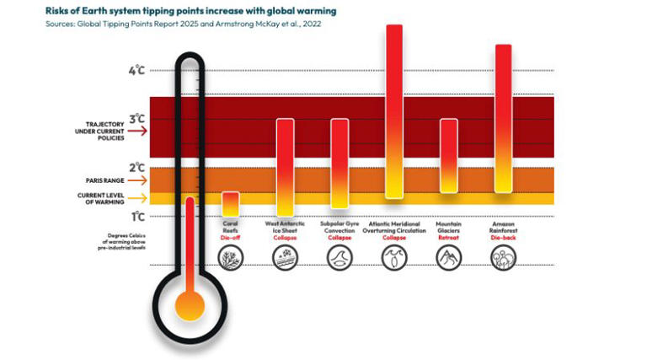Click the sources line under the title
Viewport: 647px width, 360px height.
[x=168, y=24]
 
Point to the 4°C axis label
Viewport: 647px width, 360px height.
[x=136, y=71]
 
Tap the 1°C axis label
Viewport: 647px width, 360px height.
[x=136, y=217]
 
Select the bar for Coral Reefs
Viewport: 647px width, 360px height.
[x=230, y=204]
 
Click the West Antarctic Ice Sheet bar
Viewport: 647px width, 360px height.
[x=285, y=167]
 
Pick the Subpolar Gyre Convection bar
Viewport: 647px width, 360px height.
[x=339, y=163]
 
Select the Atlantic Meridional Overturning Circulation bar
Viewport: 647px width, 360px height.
[x=393, y=111]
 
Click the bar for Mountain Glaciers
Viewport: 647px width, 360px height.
[x=448, y=156]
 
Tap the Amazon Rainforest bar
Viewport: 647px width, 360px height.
[x=503, y=118]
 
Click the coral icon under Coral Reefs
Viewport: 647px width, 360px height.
[x=230, y=258]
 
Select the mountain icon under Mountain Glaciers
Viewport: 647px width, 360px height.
[x=448, y=258]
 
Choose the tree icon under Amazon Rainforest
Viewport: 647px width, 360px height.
[x=503, y=258]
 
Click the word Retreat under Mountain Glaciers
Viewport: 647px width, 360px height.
[x=448, y=238]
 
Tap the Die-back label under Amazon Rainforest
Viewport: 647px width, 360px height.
[x=503, y=238]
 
